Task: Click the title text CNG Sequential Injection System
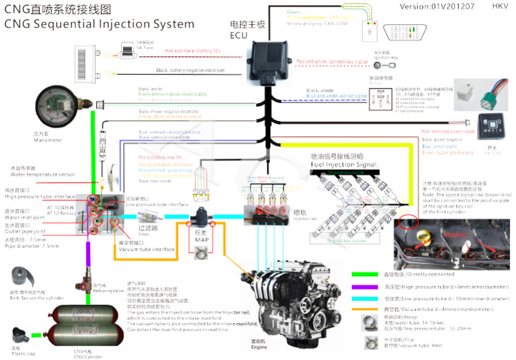coord(99,24)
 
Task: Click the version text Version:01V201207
coord(438,6)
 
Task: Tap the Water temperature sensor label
coord(40,175)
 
